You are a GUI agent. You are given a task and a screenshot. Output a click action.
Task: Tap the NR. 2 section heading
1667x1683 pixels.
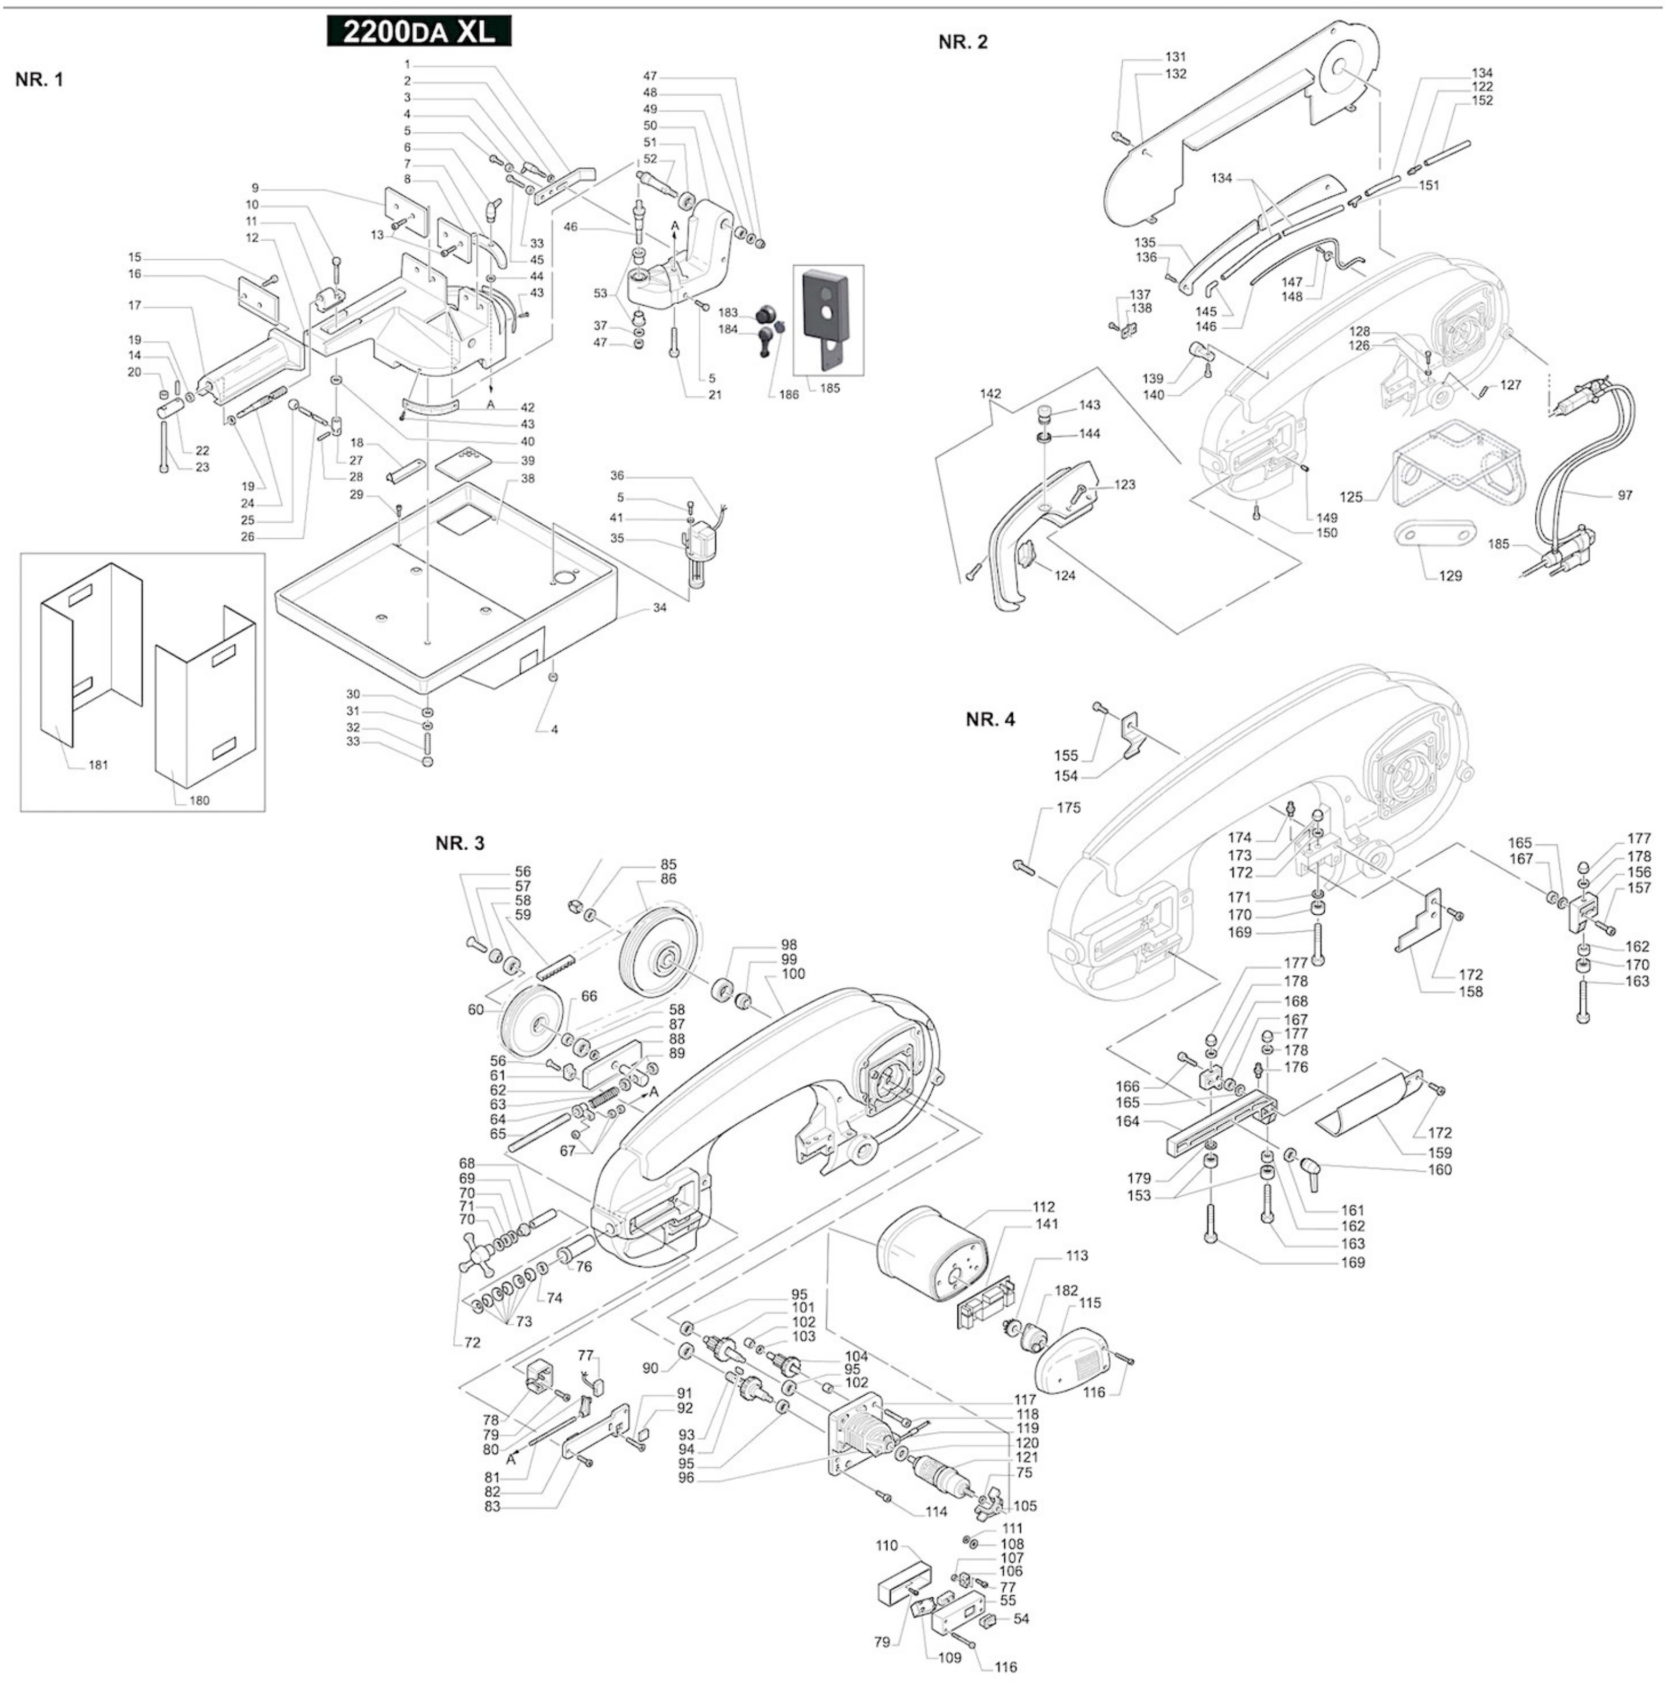[x=963, y=42]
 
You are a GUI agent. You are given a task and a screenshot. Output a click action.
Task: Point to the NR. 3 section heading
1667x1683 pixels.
[x=460, y=843]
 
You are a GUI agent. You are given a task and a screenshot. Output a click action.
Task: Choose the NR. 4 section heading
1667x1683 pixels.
[x=990, y=720]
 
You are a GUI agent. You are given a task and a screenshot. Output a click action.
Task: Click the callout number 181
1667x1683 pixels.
[x=98, y=765]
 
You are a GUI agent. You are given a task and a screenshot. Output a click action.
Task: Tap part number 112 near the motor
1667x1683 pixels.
[x=1043, y=1206]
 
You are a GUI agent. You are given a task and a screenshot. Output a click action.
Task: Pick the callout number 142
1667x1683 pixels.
[x=990, y=394]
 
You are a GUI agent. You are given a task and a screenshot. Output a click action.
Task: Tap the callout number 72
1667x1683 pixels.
[x=472, y=1342]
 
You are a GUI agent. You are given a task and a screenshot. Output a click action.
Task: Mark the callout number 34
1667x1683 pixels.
[x=660, y=607]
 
